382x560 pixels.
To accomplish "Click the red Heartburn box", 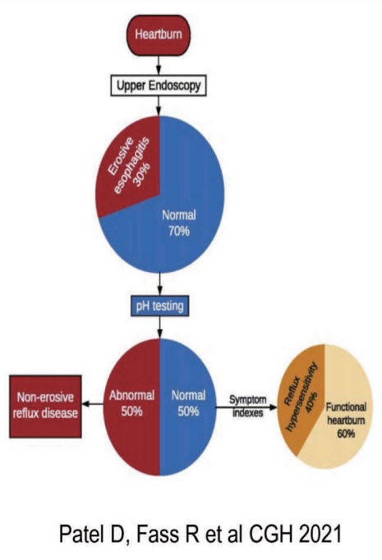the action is [x=159, y=35].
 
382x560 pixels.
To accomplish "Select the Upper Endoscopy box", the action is [x=159, y=85].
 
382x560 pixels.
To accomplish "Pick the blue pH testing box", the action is [x=159, y=306].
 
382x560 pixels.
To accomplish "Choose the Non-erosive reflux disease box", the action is [x=45, y=406].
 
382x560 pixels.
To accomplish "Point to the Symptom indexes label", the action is [x=247, y=406].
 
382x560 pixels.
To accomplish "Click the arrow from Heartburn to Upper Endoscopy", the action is [x=159, y=66].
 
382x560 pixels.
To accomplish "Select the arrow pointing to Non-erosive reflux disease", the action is [x=93, y=404].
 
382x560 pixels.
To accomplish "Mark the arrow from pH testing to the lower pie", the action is [x=159, y=328].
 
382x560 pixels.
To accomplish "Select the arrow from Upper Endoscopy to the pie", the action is [x=159, y=106].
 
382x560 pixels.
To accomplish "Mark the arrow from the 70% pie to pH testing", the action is [x=159, y=284].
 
